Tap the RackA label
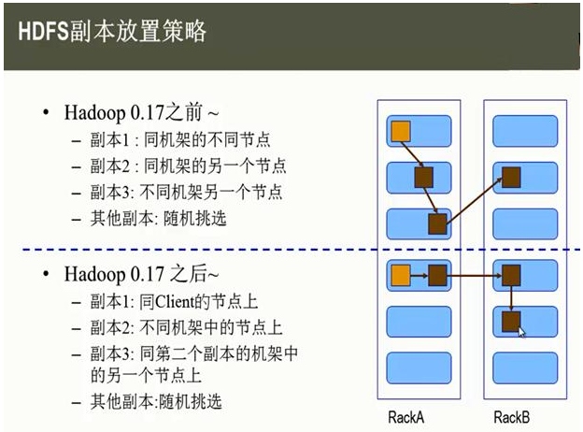pos(407,416)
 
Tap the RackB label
pos(512,416)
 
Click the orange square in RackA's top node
pos(401,130)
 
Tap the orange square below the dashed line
pos(401,275)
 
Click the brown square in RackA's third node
pos(437,223)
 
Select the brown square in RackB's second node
pos(510,178)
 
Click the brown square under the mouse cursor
pos(510,321)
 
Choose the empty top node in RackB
pos(524,130)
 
